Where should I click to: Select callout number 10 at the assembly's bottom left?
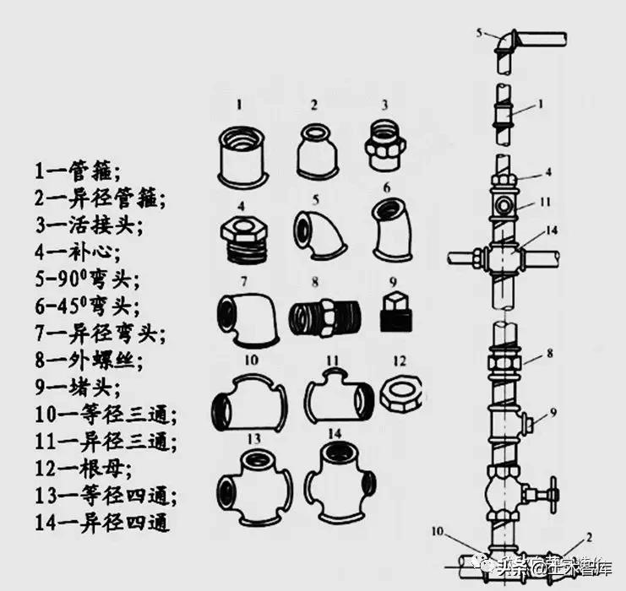pos(438,531)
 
